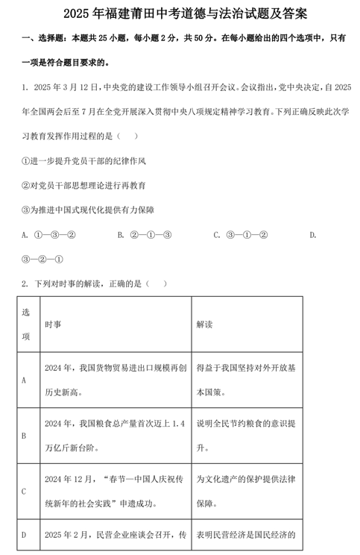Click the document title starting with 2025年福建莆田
coord(180,13)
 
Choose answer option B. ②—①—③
coord(145,235)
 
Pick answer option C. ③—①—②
coord(240,235)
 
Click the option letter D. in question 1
coord(313,235)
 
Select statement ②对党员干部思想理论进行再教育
coord(84,186)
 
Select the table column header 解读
coord(204,324)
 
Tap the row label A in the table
coord(25,380)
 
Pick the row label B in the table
coord(25,435)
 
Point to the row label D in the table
coord(25,535)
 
